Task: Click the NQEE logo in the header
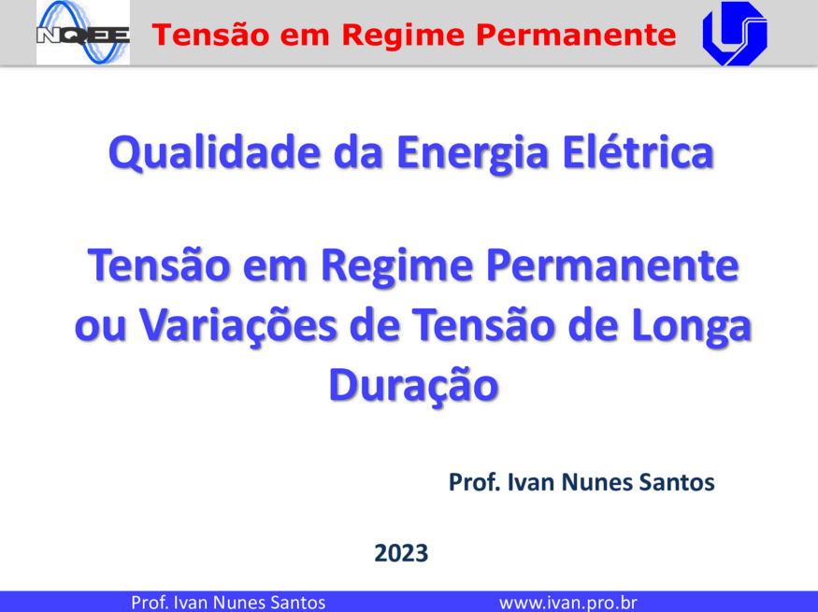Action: [83, 33]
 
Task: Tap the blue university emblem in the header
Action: [735, 34]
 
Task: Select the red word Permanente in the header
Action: [576, 35]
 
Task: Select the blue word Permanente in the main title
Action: [612, 265]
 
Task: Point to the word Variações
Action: [237, 326]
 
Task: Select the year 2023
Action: [401, 553]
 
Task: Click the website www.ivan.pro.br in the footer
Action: [568, 603]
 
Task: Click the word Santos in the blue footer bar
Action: [297, 603]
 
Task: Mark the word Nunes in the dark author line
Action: [598, 482]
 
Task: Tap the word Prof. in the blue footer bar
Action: [150, 603]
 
